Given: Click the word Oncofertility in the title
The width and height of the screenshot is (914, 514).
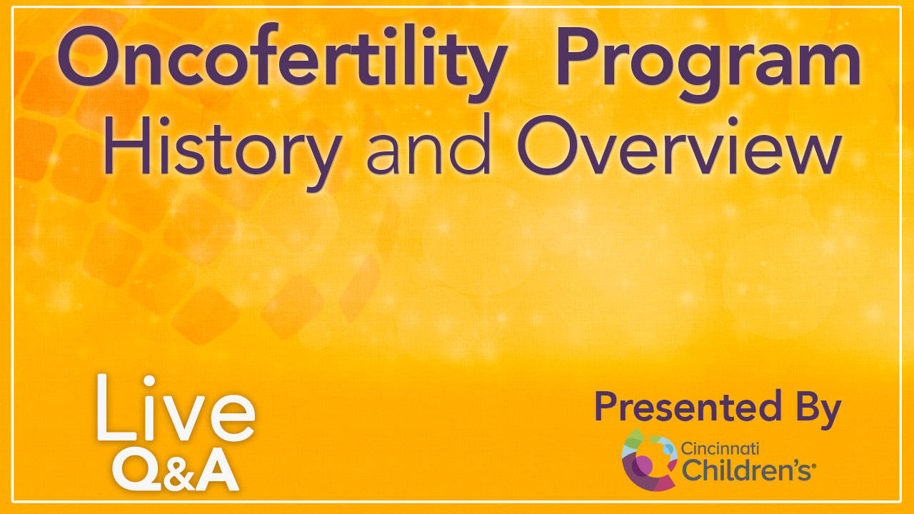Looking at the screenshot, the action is (282, 61).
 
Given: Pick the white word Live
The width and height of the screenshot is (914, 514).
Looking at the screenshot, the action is (176, 408).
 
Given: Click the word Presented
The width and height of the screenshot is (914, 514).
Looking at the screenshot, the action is (688, 406).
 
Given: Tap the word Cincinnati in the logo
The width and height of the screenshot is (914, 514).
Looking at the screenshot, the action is (720, 449).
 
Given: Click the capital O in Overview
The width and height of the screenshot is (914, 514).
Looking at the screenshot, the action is (544, 145).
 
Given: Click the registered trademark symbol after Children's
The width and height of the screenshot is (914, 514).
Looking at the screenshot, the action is (813, 465).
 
